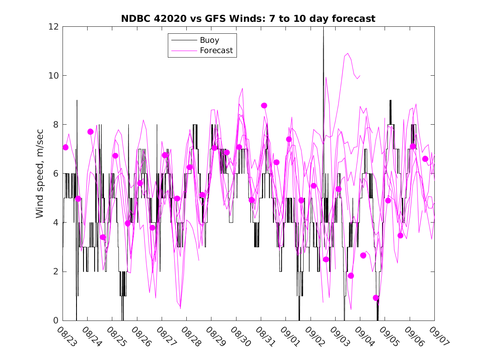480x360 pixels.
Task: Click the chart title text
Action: pos(248,19)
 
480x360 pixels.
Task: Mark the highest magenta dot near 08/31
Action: pos(264,106)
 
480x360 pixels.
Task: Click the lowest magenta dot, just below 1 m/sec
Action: pos(376,298)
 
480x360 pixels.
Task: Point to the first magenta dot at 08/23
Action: pos(65,147)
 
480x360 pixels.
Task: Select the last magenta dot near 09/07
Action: pos(425,159)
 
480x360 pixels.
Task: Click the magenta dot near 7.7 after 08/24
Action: pos(90,132)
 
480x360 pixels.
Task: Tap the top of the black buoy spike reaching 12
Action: pos(323,28)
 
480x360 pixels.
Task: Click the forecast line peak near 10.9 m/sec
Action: pos(348,53)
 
